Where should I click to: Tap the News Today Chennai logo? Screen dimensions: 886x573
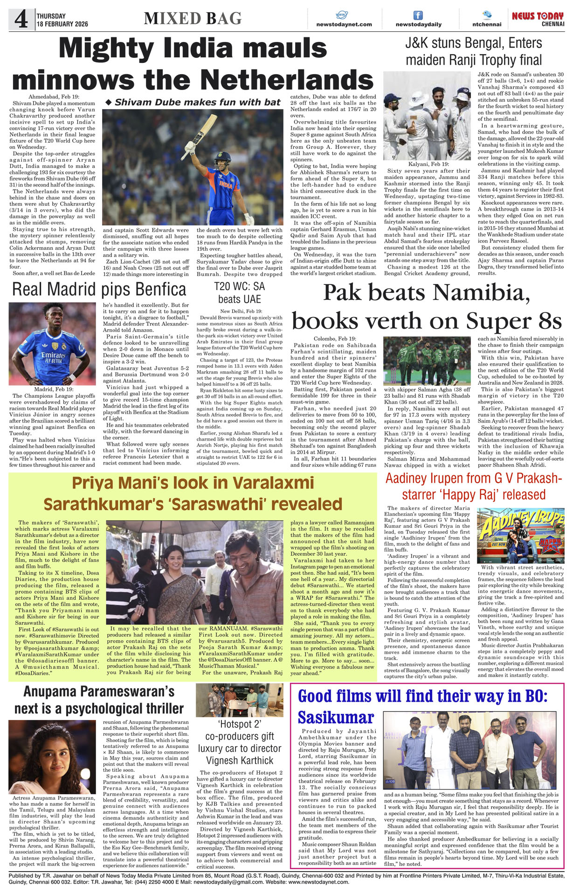tap(538, 19)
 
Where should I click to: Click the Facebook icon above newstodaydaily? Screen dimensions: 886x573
tap(418, 15)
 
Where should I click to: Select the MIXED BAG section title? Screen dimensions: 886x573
tap(193, 19)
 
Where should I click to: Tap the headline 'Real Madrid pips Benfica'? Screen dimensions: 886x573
tap(99, 290)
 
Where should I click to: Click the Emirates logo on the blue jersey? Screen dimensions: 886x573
tap(52, 355)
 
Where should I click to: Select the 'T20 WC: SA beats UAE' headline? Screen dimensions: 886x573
tap(240, 293)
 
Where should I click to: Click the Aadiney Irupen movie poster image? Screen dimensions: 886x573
tap(520, 535)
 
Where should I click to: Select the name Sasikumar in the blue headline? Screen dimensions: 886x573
tap(336, 717)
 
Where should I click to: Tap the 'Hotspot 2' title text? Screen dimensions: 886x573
tap(239, 724)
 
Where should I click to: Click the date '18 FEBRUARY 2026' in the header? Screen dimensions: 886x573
tap(62, 24)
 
